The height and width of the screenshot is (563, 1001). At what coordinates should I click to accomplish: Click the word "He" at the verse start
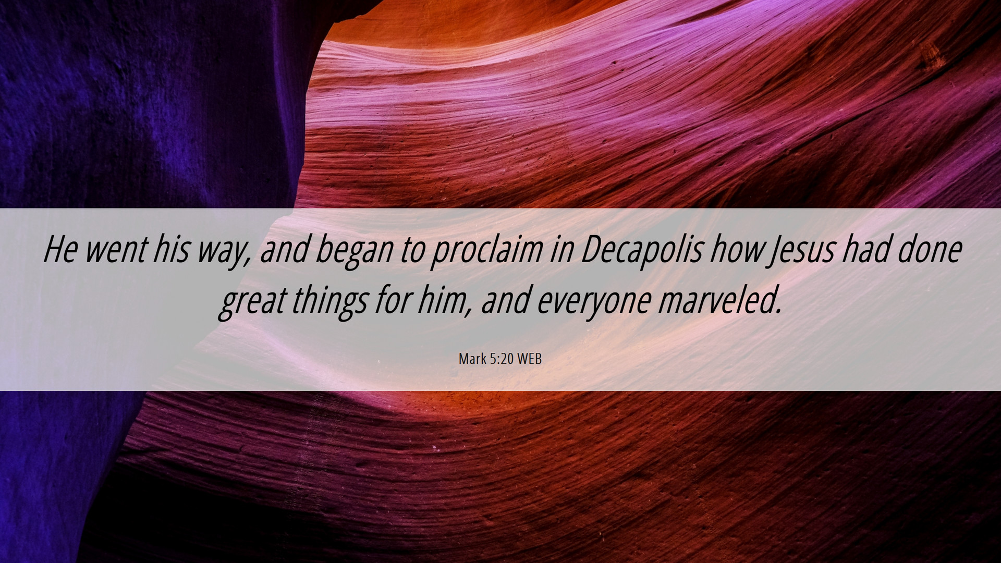[x=60, y=249]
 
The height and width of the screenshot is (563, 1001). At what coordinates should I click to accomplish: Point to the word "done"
[x=930, y=249]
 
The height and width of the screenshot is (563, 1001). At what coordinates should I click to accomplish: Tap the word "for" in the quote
[x=392, y=300]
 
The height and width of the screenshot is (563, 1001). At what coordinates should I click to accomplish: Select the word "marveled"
[x=719, y=300]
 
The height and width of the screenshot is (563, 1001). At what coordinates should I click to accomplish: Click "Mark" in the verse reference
[x=472, y=359]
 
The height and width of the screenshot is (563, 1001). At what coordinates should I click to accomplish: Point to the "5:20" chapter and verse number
[x=502, y=359]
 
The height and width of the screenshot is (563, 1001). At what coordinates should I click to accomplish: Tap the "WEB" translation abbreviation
[x=529, y=359]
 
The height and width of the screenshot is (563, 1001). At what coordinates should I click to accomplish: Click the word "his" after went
[x=172, y=249]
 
